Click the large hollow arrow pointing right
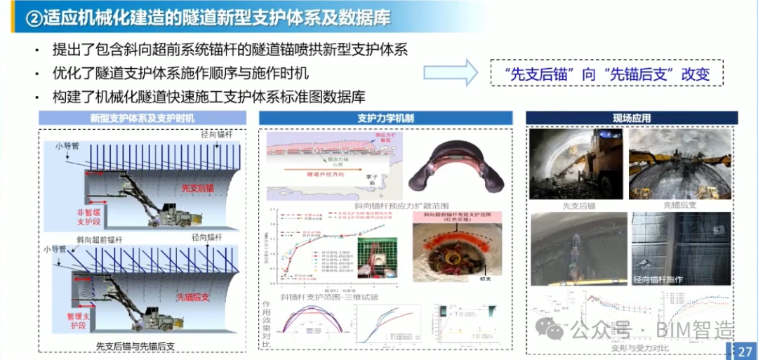pos(450,73)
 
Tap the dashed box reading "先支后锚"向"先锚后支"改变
pos(606,73)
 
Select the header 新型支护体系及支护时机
pos(142,117)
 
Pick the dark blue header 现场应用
pos(632,118)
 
